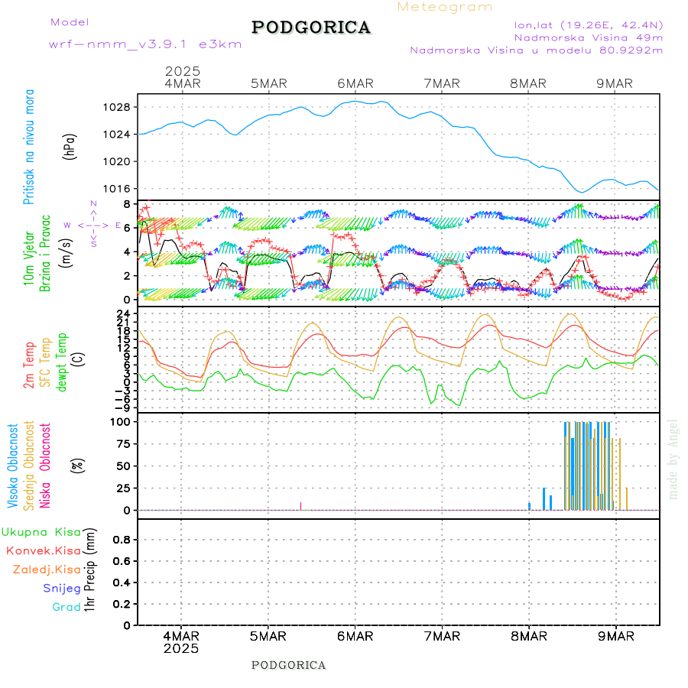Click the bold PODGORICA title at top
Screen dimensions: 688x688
pyautogui.click(x=311, y=28)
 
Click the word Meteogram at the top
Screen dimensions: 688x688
pyautogui.click(x=445, y=7)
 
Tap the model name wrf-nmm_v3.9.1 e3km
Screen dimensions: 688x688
pyautogui.click(x=145, y=44)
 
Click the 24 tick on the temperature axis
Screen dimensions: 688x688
pyautogui.click(x=122, y=313)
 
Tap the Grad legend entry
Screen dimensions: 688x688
pyautogui.click(x=67, y=607)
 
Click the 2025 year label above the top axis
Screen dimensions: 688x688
pyautogui.click(x=182, y=70)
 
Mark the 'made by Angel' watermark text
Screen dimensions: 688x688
pyautogui.click(x=673, y=459)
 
